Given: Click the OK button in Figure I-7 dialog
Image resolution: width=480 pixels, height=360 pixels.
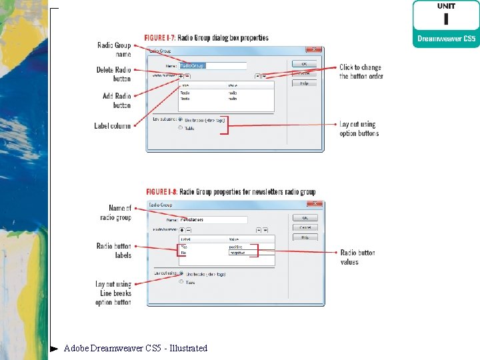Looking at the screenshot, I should point(304,63).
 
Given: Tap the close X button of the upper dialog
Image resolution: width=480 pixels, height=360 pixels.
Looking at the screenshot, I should point(311,49).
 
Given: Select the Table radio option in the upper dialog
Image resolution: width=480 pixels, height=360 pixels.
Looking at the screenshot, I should point(181,128).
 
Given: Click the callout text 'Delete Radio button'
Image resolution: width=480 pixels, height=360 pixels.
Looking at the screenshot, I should point(113,74).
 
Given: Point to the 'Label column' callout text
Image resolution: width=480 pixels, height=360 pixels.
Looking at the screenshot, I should point(113,126).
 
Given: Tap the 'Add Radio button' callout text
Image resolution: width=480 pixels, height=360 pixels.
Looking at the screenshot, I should point(117,100).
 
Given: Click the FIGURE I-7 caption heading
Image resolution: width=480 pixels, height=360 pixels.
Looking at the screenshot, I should point(207,38).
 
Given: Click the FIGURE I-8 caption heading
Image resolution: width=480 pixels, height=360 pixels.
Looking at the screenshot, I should point(229,192).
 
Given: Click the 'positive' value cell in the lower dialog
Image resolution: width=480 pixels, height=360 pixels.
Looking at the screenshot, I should point(241,247).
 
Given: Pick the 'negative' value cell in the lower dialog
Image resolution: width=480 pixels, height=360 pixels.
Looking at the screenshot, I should point(241,253).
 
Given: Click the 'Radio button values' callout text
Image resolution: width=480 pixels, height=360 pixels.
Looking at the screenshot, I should point(357,257).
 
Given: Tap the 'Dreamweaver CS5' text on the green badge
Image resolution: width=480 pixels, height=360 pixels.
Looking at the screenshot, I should point(445,39).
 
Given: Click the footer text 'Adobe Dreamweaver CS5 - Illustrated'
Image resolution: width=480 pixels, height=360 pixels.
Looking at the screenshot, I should point(135,348).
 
